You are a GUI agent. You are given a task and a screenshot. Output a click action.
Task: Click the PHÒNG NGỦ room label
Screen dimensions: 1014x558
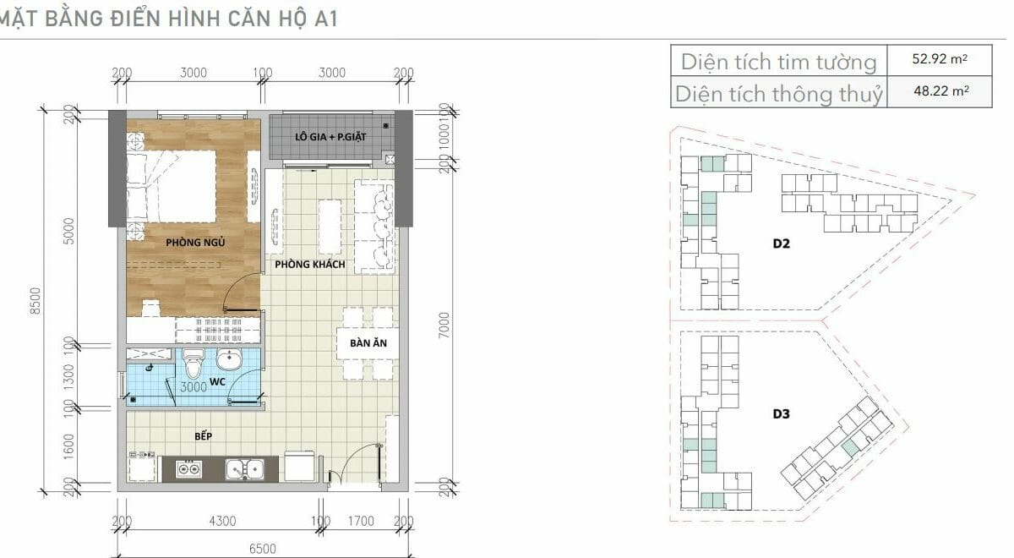tap(195, 243)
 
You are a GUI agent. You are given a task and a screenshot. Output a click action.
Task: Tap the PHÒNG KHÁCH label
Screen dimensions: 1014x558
tap(310, 264)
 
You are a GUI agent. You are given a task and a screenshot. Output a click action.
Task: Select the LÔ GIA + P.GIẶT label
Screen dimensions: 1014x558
tap(330, 137)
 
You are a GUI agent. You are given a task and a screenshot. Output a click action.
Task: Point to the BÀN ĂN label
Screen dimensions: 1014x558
tap(368, 343)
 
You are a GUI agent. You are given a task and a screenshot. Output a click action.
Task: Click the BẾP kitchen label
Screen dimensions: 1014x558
tap(204, 436)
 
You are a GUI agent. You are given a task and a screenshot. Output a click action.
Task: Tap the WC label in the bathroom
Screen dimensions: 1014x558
tap(217, 382)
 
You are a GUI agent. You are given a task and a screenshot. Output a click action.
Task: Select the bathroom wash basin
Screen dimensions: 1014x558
tap(229, 359)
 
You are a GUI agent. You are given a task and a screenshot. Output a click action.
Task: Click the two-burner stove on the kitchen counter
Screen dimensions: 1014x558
tap(188, 468)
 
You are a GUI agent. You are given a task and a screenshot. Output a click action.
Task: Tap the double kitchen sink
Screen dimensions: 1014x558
tap(244, 469)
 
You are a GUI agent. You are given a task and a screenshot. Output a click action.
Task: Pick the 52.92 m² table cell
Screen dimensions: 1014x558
tap(940, 59)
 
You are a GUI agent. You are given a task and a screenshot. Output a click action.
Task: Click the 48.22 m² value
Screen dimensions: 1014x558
tap(941, 91)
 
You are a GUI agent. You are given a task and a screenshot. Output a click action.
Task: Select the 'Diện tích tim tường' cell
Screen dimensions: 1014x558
tap(778, 62)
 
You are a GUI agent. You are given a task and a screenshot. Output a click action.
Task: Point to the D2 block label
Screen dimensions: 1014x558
tap(782, 243)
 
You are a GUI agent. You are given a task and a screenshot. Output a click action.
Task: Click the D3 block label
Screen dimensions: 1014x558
tap(782, 414)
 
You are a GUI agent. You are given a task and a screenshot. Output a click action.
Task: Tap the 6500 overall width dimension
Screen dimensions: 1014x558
tap(263, 549)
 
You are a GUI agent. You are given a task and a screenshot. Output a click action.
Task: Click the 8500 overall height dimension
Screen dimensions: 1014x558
tap(35, 301)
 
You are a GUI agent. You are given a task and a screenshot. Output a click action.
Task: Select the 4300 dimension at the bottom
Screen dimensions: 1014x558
tap(223, 522)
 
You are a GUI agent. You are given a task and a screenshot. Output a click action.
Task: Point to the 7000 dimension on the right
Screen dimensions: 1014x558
tap(444, 325)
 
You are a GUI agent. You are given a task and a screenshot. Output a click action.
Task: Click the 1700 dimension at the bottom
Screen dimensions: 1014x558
tap(361, 522)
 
